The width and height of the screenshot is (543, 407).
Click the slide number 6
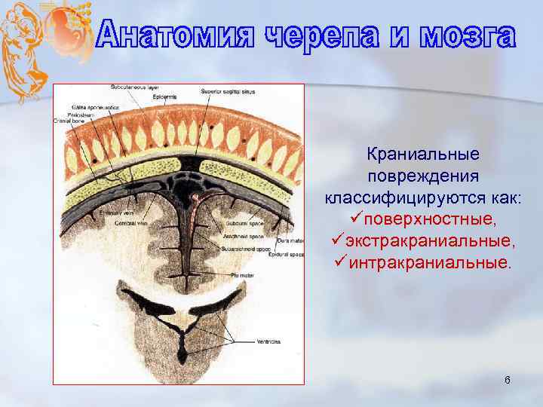tap(508, 380)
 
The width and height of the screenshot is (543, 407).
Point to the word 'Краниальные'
tap(423, 155)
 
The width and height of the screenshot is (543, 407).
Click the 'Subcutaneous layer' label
tap(133, 88)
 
